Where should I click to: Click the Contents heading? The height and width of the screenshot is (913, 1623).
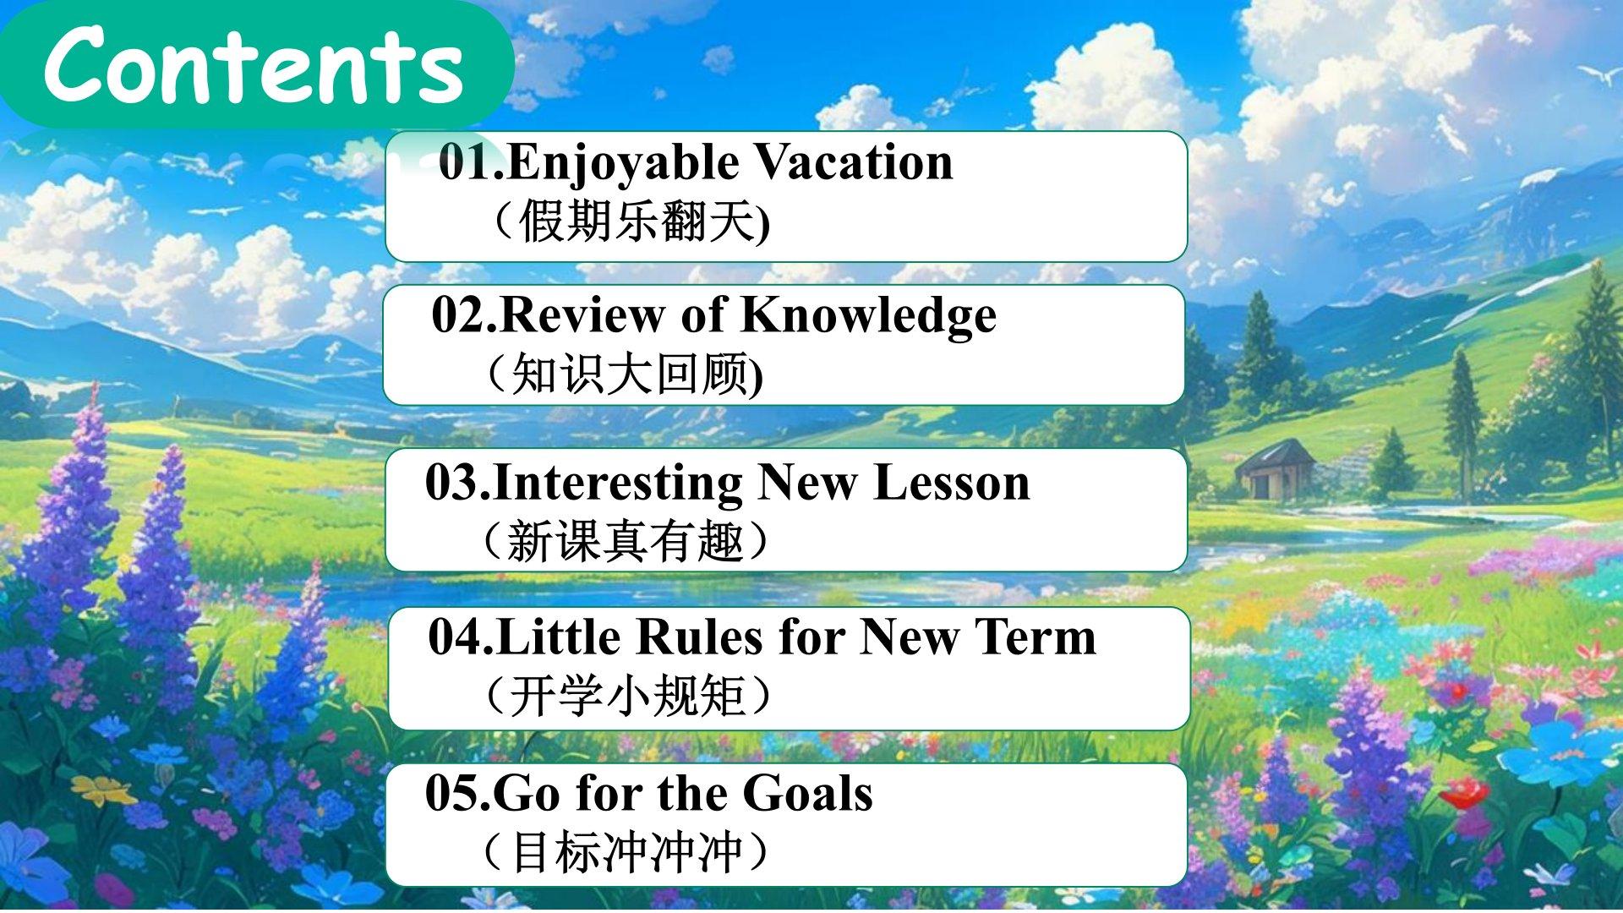point(254,64)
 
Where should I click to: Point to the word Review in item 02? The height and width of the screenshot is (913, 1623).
point(582,314)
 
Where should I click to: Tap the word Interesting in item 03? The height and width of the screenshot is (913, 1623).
point(618,484)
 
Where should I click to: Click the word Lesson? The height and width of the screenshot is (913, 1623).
point(951,483)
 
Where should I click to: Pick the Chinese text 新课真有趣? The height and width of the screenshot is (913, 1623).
point(625,541)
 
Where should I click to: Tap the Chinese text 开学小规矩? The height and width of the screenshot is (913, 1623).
point(626,696)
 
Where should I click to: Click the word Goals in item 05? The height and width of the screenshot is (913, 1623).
point(807,793)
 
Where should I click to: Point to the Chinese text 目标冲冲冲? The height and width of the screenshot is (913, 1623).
point(626,851)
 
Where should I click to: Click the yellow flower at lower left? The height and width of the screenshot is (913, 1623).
point(103,790)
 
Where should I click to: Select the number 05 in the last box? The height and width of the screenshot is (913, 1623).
point(452,793)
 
